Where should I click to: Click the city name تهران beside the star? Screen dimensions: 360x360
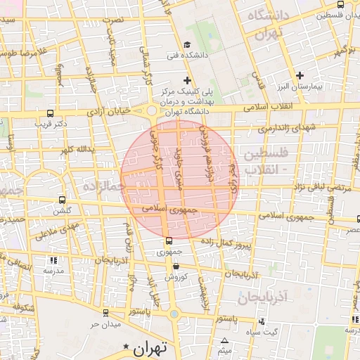click(x=151, y=347)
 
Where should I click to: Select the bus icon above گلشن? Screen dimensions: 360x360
click(x=62, y=200)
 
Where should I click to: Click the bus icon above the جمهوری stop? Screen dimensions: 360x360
click(x=167, y=241)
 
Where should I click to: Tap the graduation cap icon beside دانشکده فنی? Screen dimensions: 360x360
click(x=187, y=46)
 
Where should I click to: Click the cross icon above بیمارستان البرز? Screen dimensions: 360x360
click(x=300, y=75)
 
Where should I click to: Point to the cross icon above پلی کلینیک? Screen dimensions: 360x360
click(x=186, y=80)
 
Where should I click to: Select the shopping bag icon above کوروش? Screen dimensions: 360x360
click(x=175, y=266)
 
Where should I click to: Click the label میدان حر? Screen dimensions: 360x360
click(x=105, y=325)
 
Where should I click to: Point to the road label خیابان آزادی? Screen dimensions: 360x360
click(x=110, y=111)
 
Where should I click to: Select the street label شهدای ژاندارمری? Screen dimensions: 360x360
click(x=281, y=127)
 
